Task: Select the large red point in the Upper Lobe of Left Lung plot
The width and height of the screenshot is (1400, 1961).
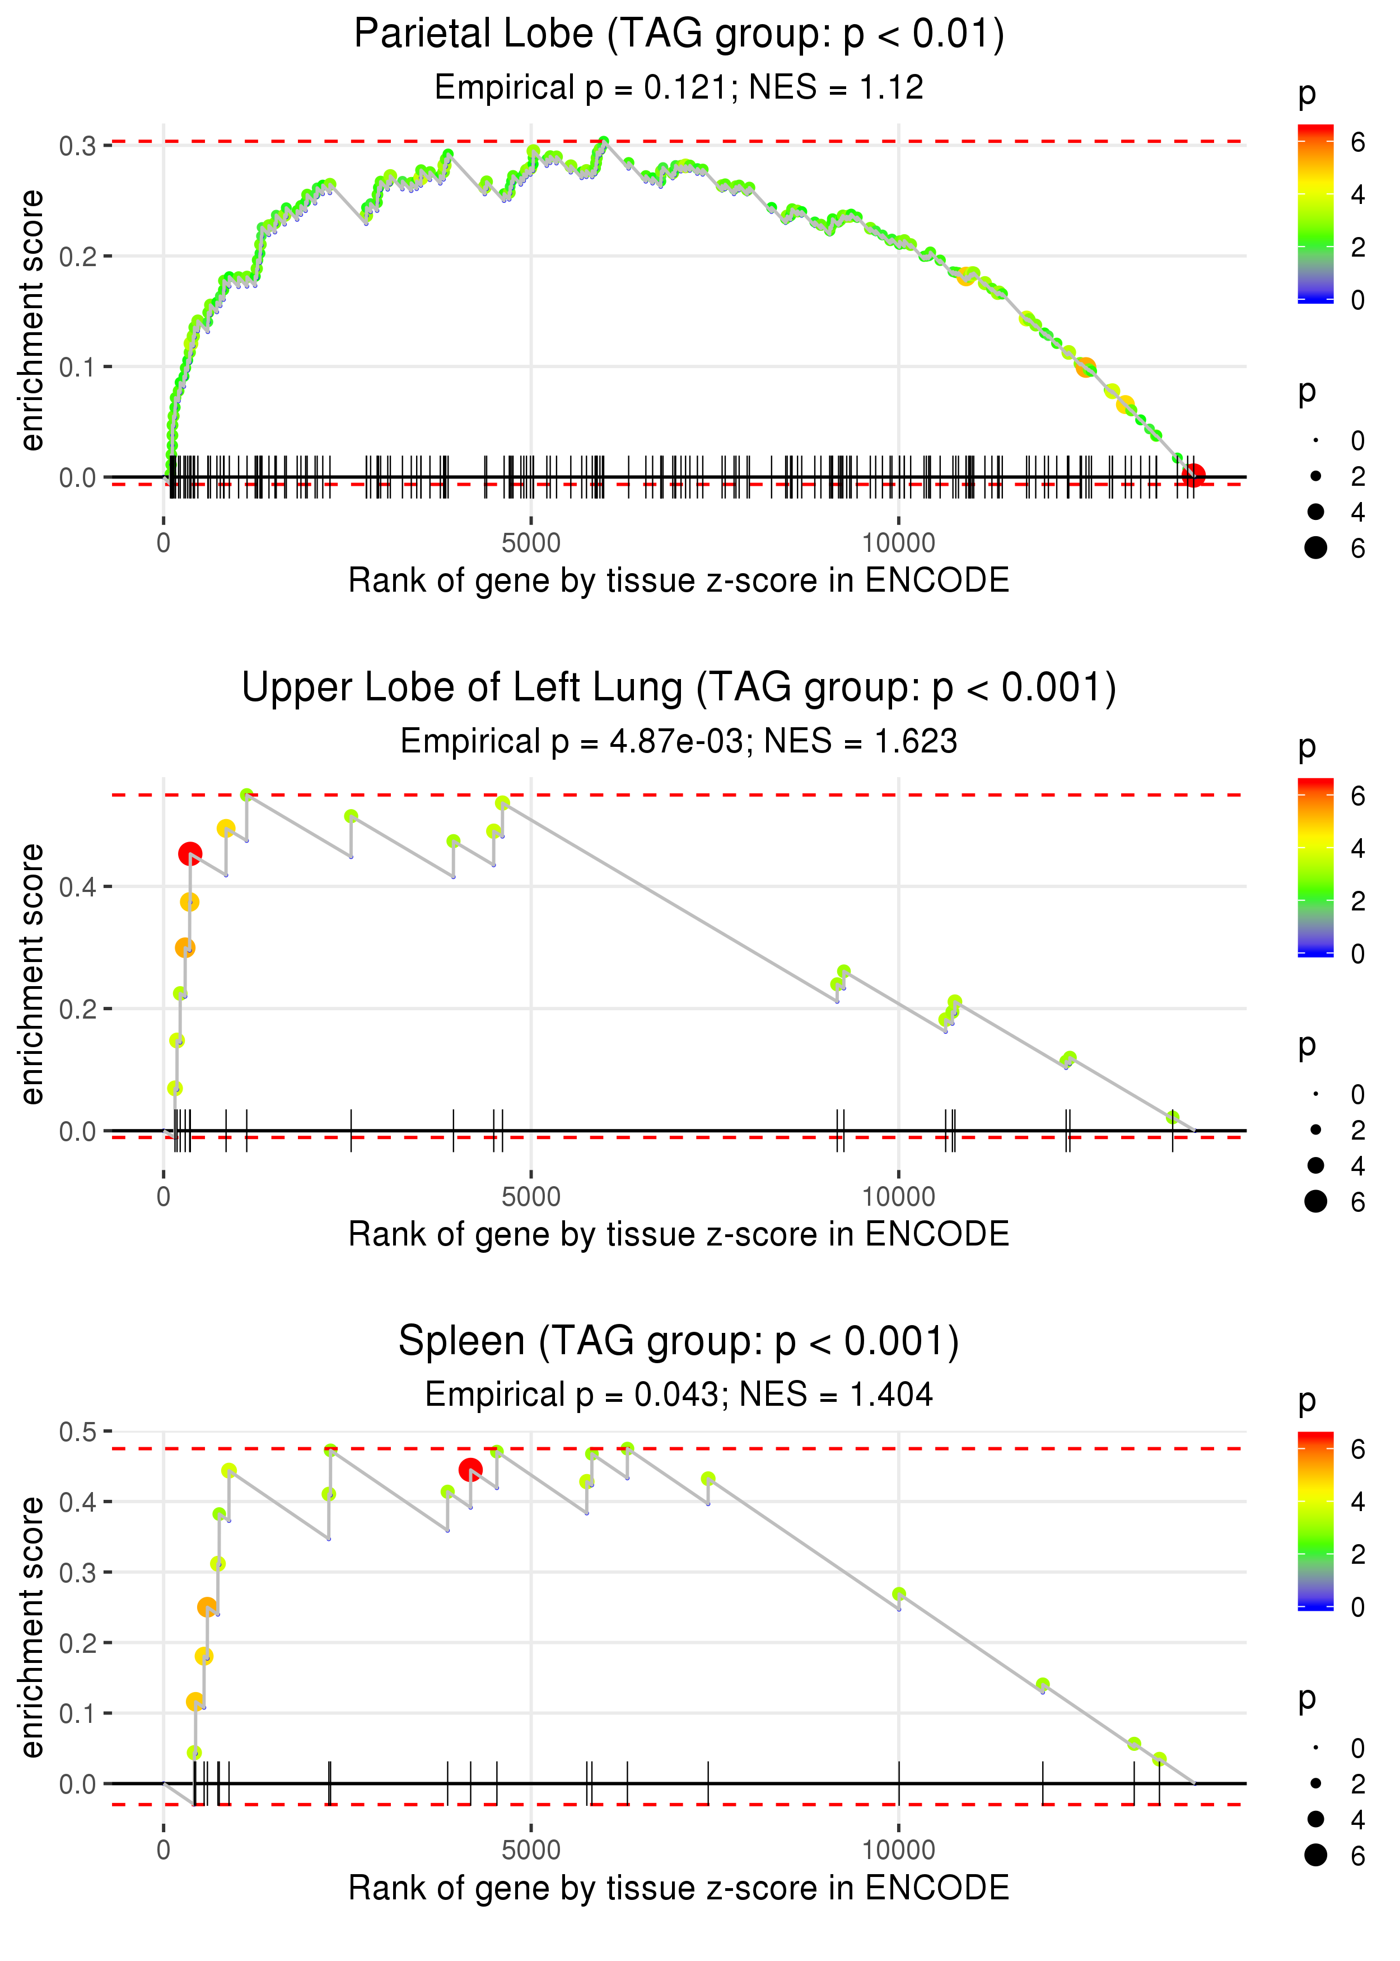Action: click(190, 854)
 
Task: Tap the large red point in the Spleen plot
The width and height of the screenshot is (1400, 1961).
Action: click(470, 1470)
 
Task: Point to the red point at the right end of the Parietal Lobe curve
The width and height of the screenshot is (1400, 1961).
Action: click(1193, 475)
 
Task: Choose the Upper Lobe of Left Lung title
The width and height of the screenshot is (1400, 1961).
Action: click(679, 688)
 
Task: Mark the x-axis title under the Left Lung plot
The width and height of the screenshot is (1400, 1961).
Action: click(679, 1234)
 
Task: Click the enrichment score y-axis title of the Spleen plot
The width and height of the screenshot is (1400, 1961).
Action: click(32, 1627)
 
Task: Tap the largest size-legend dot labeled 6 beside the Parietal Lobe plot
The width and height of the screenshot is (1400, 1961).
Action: click(1315, 547)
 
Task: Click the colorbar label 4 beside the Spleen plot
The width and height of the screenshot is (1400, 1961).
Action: click(1358, 1502)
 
